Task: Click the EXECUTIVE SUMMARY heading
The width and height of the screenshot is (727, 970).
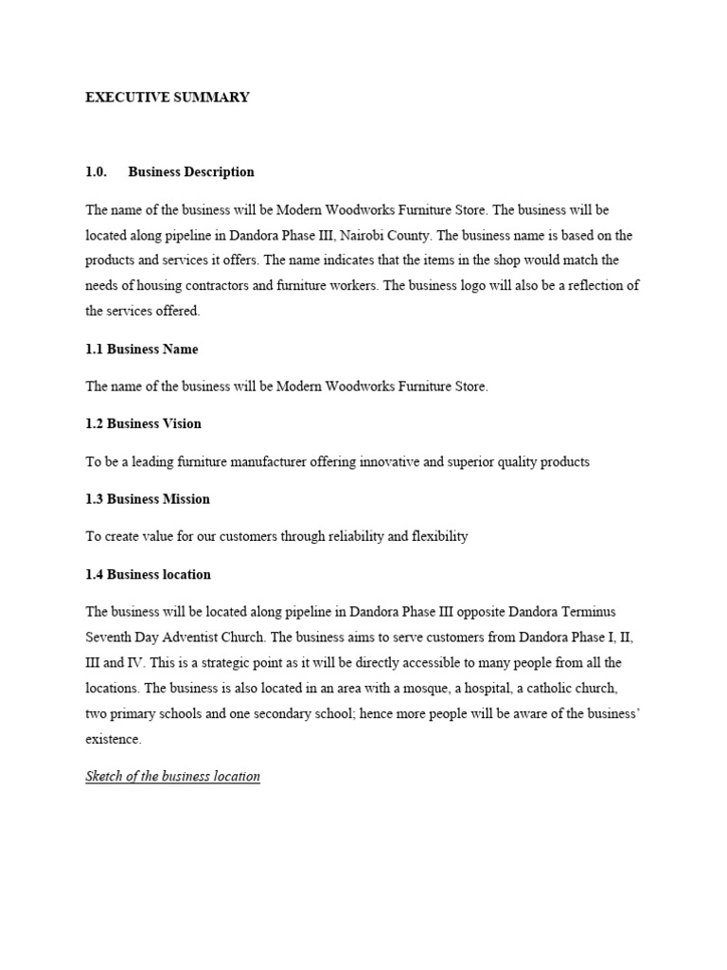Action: (x=168, y=98)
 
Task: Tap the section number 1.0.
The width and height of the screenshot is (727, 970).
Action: (x=97, y=172)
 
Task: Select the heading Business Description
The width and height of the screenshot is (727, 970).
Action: (x=191, y=172)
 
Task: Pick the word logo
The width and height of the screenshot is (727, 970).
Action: (x=488, y=285)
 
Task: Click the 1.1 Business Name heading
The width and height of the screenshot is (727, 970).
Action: (x=142, y=350)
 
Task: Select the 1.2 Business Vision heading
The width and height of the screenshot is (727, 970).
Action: (x=143, y=423)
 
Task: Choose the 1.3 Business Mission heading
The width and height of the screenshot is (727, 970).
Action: (x=148, y=499)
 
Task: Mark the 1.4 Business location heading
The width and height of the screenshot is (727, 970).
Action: (x=148, y=575)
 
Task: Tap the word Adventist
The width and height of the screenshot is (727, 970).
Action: (x=198, y=638)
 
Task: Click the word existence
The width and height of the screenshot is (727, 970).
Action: (x=114, y=739)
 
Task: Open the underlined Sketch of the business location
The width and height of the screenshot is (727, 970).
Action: (x=172, y=777)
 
